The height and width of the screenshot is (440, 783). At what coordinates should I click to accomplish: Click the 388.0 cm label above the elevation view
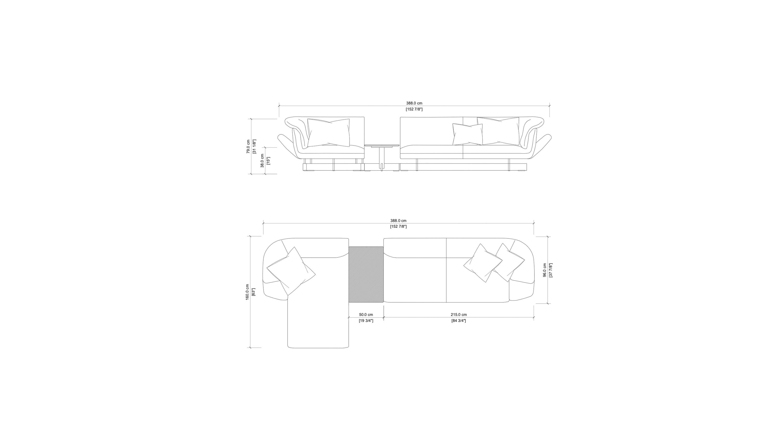click(414, 103)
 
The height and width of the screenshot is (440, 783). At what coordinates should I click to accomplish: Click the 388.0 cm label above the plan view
click(398, 221)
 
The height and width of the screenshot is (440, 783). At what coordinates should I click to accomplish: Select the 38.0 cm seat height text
click(262, 161)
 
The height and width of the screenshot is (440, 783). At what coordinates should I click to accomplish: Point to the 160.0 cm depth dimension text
click(247, 292)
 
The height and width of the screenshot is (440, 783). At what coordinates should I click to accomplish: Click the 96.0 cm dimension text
click(545, 270)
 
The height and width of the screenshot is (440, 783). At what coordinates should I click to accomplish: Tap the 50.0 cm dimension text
click(366, 314)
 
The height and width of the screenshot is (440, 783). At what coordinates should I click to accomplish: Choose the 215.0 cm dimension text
click(459, 314)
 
